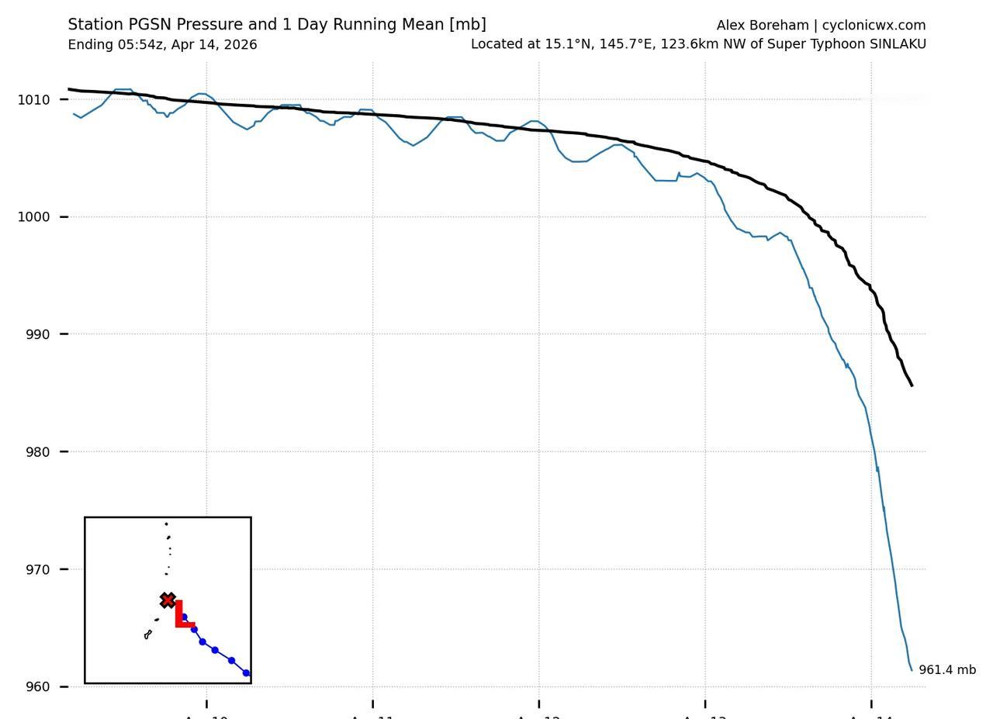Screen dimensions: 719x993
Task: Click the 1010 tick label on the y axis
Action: click(33, 99)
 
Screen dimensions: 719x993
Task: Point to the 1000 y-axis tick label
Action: click(33, 217)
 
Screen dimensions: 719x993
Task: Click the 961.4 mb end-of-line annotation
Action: click(947, 670)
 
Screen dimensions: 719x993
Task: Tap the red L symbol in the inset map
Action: click(182, 614)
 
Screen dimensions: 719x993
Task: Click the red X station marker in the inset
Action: click(168, 600)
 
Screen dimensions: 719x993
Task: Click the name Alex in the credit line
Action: click(731, 26)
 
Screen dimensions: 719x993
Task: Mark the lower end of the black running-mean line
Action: click(912, 385)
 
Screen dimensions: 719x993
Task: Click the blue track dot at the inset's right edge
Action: click(246, 673)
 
